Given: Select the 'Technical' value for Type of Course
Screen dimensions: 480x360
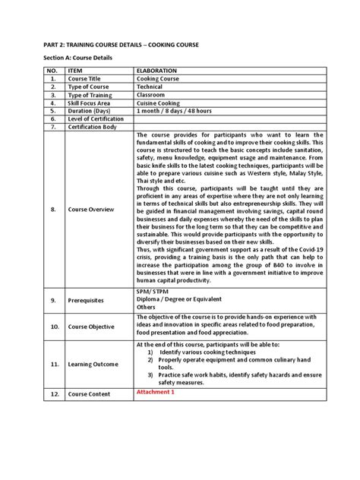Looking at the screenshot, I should point(152,87).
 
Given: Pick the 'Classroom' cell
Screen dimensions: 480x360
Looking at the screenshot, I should point(153,95).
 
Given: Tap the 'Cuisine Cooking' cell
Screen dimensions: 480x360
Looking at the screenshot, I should point(161,103).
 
